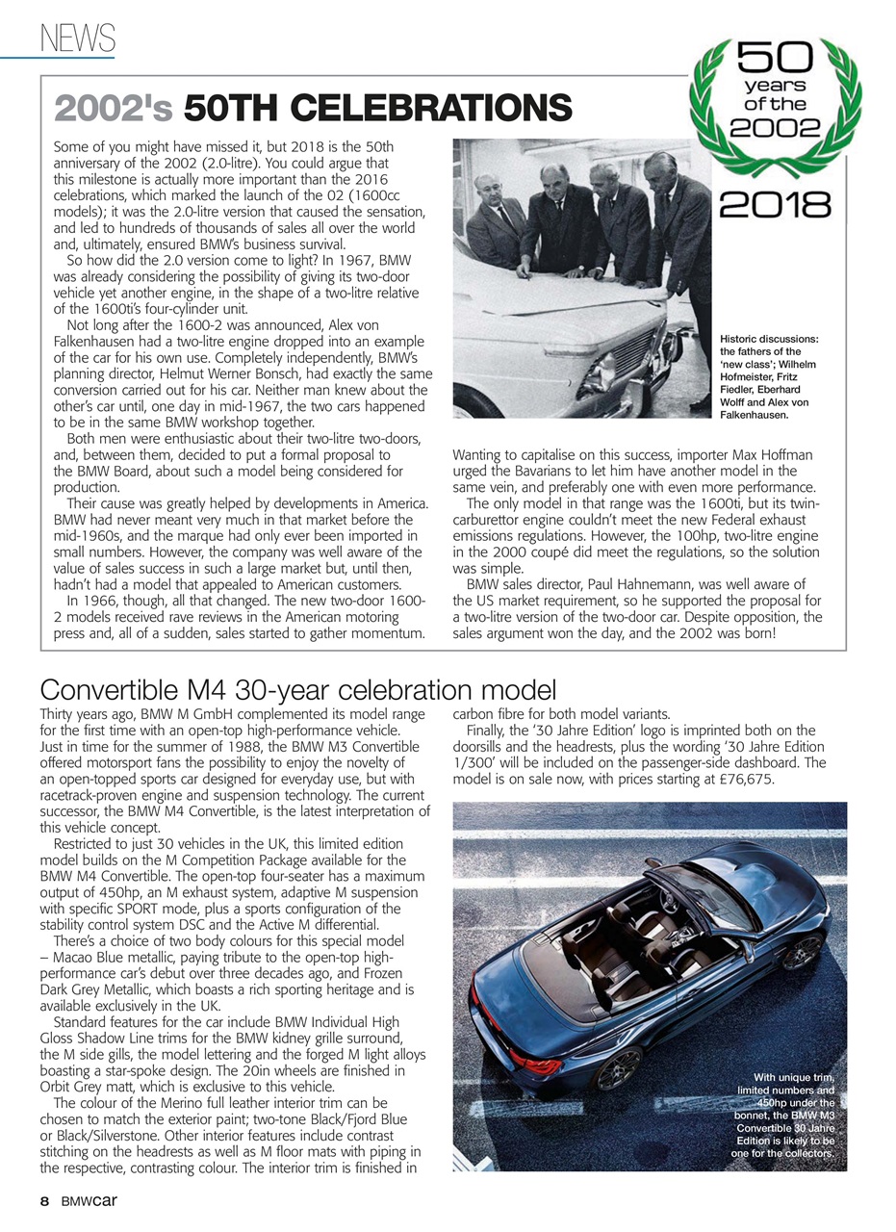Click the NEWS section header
pos(77,38)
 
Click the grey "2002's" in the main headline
pos(114,108)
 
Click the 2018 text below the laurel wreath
pos(775,203)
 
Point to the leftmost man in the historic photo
pos(497,222)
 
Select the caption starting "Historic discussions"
pos(770,376)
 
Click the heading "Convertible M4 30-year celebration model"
pos(298,690)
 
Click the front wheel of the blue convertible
pos(802,952)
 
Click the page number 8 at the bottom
pos(44,1201)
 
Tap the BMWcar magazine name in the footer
pos(90,1201)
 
